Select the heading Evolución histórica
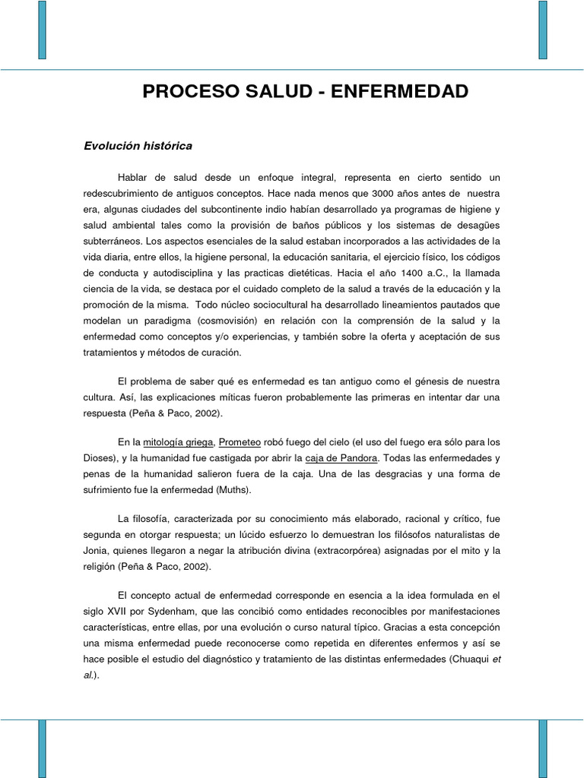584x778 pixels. [138, 145]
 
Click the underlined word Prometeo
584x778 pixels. [240, 441]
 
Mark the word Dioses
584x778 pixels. [100, 457]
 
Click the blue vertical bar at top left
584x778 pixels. [42, 30]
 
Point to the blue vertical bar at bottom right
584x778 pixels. [543, 748]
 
